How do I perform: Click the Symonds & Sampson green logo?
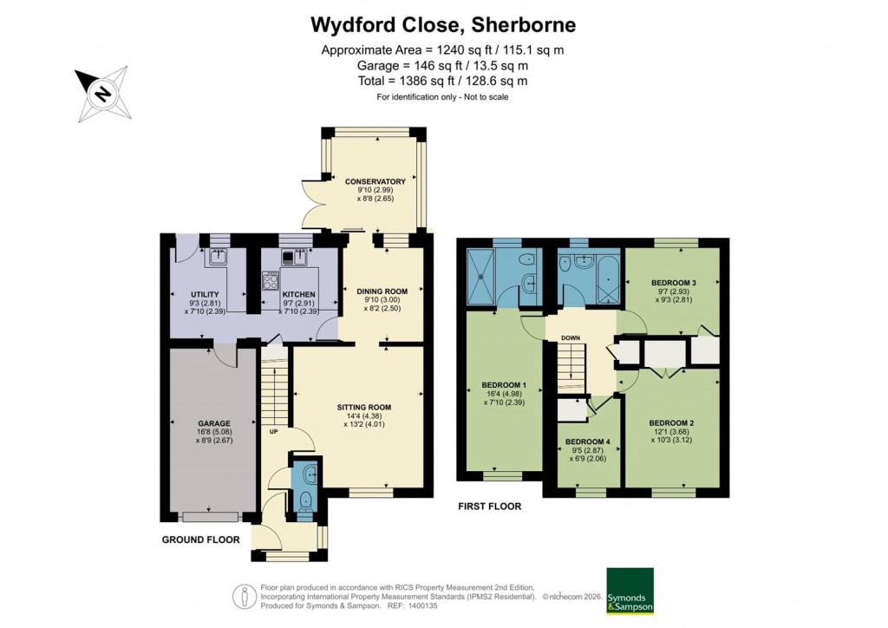630,592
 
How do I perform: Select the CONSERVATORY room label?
375,181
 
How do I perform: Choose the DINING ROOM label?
382,291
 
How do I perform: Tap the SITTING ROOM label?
364,407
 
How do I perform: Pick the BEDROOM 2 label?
671,423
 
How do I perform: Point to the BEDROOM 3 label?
674,282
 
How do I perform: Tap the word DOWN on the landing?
570,338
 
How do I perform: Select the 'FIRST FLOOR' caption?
489,507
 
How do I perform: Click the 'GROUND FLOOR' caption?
200,540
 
